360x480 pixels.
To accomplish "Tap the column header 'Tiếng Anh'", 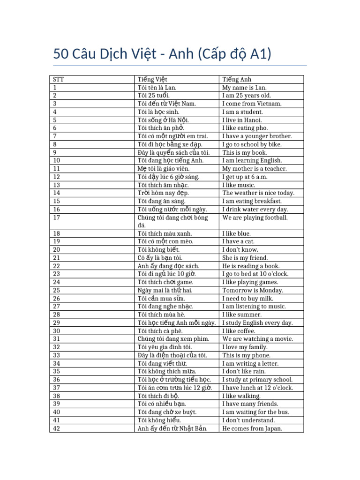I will pyautogui.click(x=237, y=79).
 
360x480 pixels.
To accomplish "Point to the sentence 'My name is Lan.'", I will pyautogui.click(x=244, y=88).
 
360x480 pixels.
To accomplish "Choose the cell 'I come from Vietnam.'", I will pyautogui.click(x=252, y=104).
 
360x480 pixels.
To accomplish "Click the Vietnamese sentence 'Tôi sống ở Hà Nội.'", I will pyautogui.click(x=164, y=120).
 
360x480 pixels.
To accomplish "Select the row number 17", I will pyautogui.click(x=57, y=217).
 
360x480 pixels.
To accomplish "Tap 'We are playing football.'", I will pyautogui.click(x=255, y=217).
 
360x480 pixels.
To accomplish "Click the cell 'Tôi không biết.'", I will pyautogui.click(x=158, y=250).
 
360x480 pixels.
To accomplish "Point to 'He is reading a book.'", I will pyautogui.click(x=251, y=266).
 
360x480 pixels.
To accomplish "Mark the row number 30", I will pyautogui.click(x=57, y=331).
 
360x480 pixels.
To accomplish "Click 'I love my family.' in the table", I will pyautogui.click(x=245, y=347).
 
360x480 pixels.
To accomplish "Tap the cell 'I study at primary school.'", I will pyautogui.click(x=257, y=380).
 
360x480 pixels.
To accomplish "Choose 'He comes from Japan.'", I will pyautogui.click(x=252, y=428).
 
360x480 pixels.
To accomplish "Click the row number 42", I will pyautogui.click(x=57, y=428).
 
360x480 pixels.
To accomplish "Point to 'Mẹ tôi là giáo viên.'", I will pyautogui.click(x=163, y=169).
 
